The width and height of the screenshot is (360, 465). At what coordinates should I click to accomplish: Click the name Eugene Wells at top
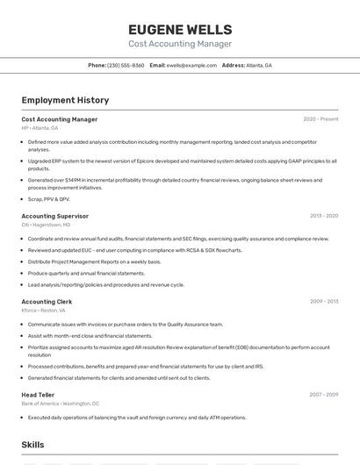[x=180, y=29]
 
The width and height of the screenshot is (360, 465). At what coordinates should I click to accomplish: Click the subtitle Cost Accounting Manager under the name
[x=180, y=44]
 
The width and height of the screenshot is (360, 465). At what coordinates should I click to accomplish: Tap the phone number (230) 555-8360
[x=126, y=66]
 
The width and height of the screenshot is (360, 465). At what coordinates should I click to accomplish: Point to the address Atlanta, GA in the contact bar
[x=259, y=66]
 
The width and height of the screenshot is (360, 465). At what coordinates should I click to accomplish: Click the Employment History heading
[x=65, y=100]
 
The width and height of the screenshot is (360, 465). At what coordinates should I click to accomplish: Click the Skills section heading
[x=32, y=446]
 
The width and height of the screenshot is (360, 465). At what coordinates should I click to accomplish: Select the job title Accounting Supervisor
[x=54, y=216]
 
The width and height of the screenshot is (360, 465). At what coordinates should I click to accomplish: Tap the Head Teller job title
[x=38, y=395]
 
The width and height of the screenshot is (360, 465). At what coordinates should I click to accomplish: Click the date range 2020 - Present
[x=320, y=119]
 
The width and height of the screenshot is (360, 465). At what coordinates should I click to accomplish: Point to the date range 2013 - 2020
[x=323, y=216]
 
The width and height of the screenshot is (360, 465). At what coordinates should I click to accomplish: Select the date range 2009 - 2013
[x=323, y=301]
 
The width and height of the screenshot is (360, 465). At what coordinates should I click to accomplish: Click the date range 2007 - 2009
[x=323, y=395]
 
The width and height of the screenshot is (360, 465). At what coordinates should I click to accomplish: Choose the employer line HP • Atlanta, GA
[x=40, y=127]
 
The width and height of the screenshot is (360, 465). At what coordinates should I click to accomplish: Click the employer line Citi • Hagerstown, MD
[x=46, y=225]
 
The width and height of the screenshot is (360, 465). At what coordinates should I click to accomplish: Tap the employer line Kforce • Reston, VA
[x=46, y=310]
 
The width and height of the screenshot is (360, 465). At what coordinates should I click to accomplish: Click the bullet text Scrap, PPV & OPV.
[x=48, y=199]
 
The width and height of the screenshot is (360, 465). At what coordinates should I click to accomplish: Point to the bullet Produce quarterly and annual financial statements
[x=86, y=273]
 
